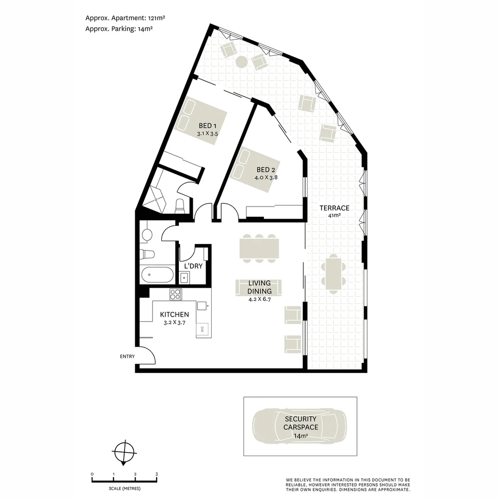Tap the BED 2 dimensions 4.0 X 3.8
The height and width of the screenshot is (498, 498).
[x=266, y=177]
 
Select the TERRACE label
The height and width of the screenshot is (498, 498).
[x=334, y=208]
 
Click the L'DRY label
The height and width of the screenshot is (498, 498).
[x=193, y=266]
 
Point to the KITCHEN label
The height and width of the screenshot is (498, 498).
[x=174, y=314]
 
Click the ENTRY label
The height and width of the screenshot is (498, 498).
[x=127, y=356]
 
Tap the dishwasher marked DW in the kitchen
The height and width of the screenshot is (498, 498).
[x=202, y=329]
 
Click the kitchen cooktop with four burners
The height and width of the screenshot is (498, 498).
[x=176, y=294]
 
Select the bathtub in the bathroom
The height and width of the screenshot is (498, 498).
[x=158, y=275]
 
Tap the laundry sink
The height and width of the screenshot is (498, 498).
[x=184, y=277]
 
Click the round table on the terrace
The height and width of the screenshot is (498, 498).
[x=242, y=62]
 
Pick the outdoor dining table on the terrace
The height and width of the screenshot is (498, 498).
[x=333, y=274]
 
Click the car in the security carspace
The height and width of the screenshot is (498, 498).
[x=300, y=426]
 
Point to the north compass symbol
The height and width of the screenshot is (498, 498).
[x=125, y=451]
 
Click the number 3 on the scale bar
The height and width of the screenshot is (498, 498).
[x=156, y=474]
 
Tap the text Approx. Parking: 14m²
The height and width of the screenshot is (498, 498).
[x=119, y=28]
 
